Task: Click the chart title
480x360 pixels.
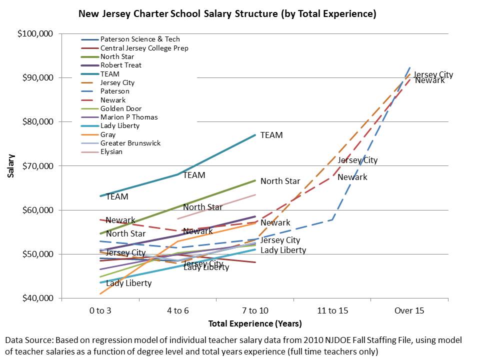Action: point(227,14)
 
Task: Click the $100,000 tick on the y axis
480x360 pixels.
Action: point(35,33)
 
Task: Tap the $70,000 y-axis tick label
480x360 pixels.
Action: point(37,165)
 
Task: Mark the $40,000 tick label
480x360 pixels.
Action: point(37,298)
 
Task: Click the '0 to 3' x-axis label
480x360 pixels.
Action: point(100,310)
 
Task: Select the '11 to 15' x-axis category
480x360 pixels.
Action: point(332,310)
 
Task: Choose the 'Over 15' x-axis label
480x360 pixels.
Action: point(409,310)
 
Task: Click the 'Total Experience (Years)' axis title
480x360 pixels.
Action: point(254,323)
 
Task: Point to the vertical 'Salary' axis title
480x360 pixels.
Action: point(10,166)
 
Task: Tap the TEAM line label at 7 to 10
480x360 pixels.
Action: point(271,135)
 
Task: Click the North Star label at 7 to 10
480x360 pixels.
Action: point(280,181)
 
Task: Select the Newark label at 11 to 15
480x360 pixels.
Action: point(352,177)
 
